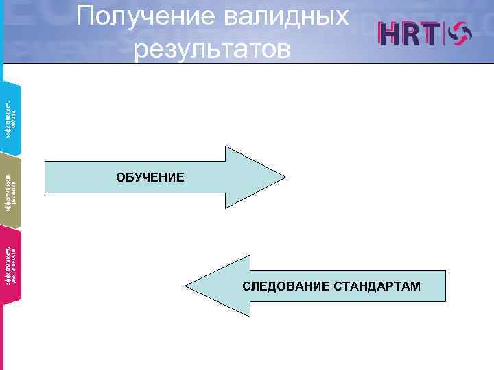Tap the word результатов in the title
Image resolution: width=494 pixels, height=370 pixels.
213,49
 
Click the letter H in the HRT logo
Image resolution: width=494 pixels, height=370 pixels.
392,34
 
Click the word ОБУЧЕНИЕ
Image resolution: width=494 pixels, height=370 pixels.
150,177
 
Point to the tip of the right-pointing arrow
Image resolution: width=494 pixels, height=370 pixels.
283,177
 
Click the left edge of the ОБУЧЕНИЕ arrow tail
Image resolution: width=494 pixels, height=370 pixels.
45,177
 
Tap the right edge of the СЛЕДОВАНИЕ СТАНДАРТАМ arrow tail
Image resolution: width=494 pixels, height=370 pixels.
445,285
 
